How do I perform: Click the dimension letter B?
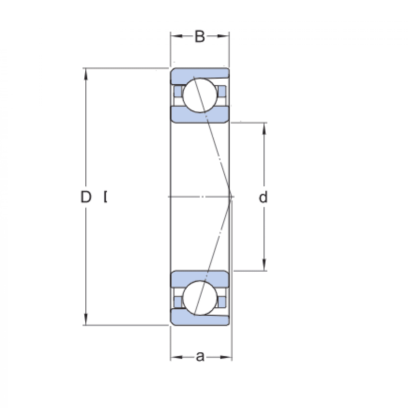pyautogui.click(x=200, y=37)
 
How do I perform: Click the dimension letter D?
pyautogui.click(x=86, y=197)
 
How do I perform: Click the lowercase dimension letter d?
pyautogui.click(x=263, y=197)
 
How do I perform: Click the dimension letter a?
pyautogui.click(x=200, y=357)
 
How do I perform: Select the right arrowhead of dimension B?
pyautogui.click(x=225, y=36)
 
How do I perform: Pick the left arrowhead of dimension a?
pyautogui.click(x=175, y=357)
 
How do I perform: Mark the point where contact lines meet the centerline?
pyautogui.click(x=231, y=197)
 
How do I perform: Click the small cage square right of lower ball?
pyautogui.click(x=222, y=301)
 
